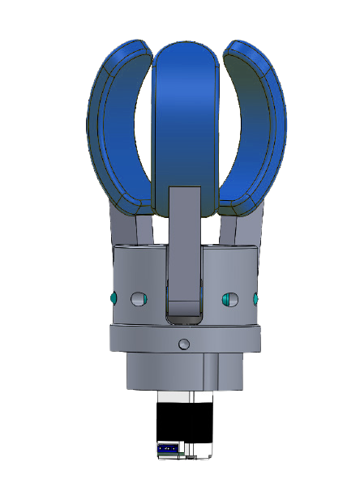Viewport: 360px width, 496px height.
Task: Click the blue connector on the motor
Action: (x=169, y=447)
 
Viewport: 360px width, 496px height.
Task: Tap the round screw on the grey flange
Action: (x=184, y=344)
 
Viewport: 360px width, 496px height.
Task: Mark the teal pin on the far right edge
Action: (x=257, y=299)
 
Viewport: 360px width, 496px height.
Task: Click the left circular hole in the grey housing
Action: (x=136, y=300)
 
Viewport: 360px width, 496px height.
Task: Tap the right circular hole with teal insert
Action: (x=229, y=300)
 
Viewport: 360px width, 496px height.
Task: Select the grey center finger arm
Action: (x=185, y=243)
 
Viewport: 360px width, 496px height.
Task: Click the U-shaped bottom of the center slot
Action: (x=184, y=312)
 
